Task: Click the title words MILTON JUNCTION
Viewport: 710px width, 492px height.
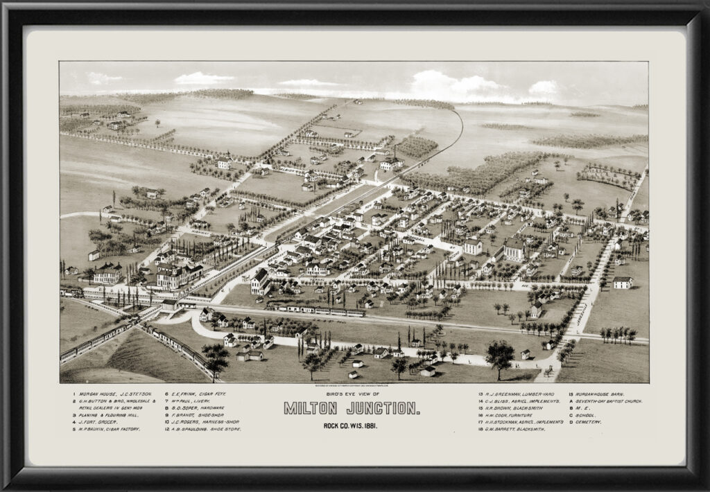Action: click(x=352, y=408)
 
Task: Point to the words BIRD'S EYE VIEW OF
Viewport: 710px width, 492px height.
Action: click(x=352, y=394)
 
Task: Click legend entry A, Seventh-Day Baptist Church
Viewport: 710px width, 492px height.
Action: click(x=605, y=401)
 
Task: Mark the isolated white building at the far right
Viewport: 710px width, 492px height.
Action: click(x=623, y=282)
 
